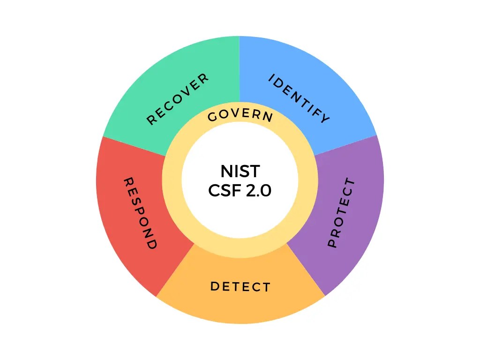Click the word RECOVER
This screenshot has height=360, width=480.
[x=178, y=99]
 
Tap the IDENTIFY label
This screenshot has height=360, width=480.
[x=299, y=99]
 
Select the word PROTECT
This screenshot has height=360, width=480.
[x=341, y=213]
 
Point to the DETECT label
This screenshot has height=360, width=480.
[x=240, y=286]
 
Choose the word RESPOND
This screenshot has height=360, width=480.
[x=140, y=213]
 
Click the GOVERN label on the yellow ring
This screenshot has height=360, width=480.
[x=240, y=115]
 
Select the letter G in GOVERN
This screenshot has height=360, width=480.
[x=211, y=118]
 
